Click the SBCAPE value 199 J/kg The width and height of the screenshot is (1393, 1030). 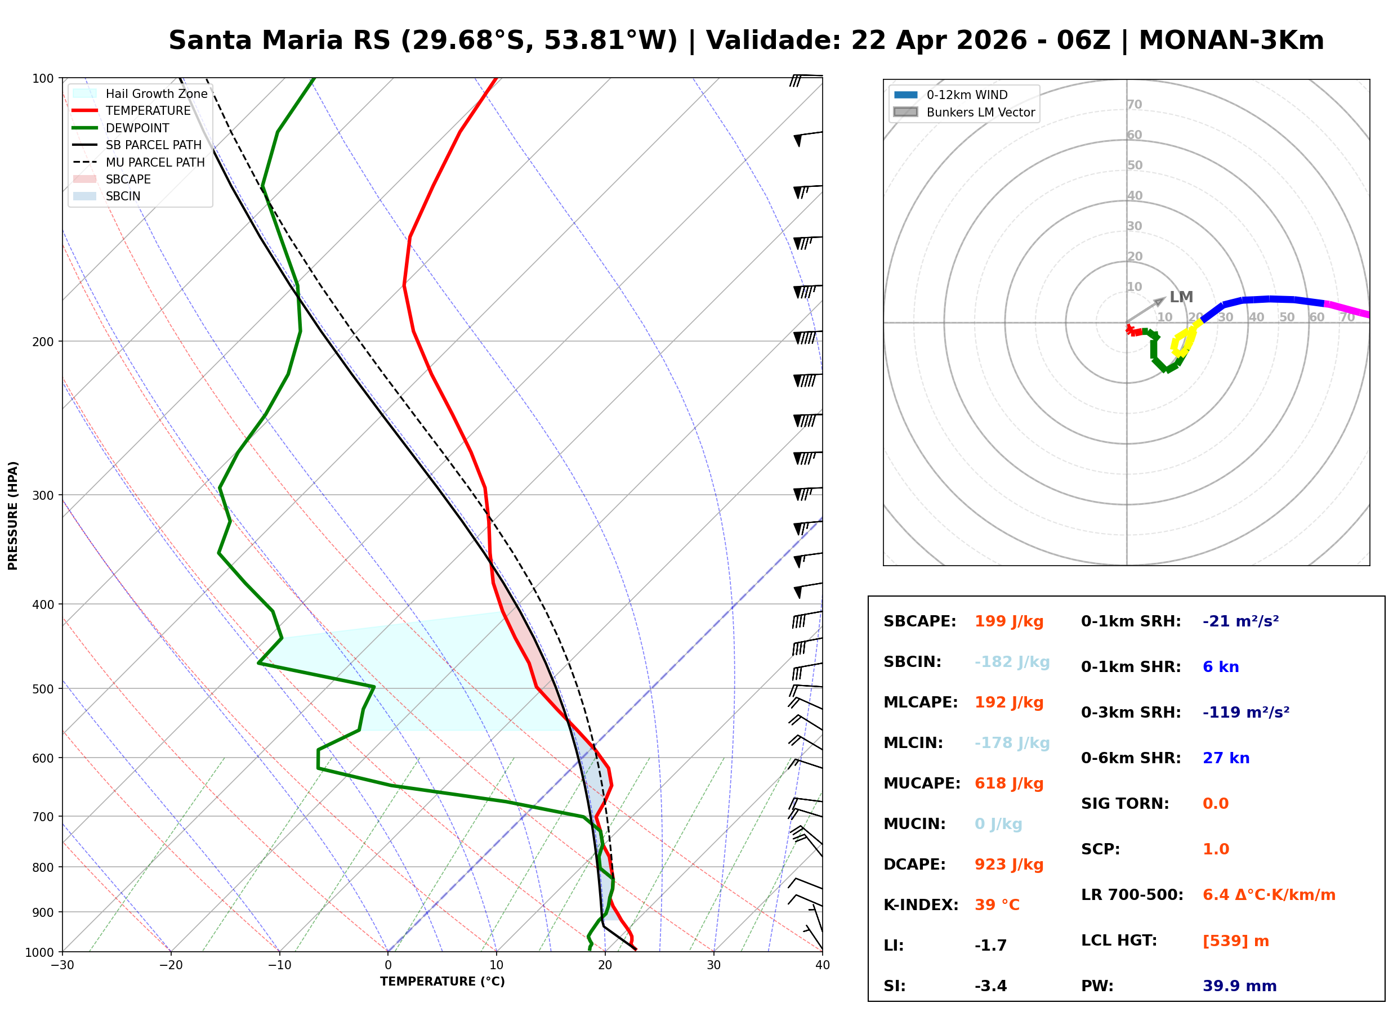(x=1009, y=621)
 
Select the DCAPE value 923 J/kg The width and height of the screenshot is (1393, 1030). (x=1009, y=865)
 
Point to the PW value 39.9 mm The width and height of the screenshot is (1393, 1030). (x=1240, y=986)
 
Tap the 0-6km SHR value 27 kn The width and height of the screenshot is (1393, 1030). (x=1226, y=758)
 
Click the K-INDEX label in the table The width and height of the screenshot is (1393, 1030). (x=921, y=905)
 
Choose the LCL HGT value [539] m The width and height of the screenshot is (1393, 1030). (x=1236, y=941)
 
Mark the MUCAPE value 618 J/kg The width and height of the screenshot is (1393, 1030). (x=1009, y=783)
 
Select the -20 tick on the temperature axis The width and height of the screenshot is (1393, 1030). (x=170, y=965)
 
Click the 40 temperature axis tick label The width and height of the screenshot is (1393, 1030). (x=822, y=965)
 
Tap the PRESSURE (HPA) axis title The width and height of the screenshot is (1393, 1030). (x=13, y=516)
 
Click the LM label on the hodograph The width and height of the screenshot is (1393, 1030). (x=1181, y=297)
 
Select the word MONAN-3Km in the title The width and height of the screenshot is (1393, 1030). (x=1231, y=41)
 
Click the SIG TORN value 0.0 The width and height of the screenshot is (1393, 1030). (x=1215, y=804)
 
